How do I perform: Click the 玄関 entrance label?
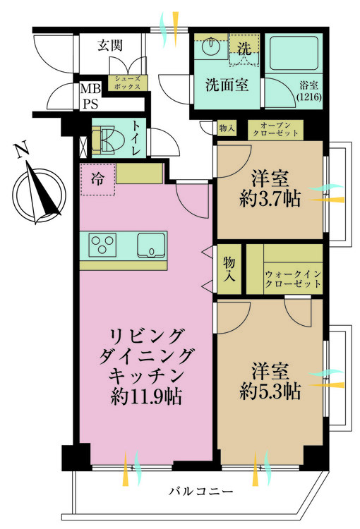(110, 45)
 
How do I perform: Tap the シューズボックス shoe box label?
(127, 83)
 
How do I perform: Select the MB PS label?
(90, 97)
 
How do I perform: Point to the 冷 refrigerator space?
(97, 179)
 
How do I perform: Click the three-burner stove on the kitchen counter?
(102, 245)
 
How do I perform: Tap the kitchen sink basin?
(151, 245)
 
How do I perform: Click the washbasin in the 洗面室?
(211, 44)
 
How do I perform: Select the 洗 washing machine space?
(244, 49)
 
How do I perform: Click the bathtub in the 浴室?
(294, 53)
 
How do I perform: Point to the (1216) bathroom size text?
(309, 97)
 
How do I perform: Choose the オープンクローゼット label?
(275, 130)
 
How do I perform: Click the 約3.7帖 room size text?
(270, 199)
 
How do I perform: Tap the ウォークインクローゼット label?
(293, 279)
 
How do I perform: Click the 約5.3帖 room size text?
(270, 391)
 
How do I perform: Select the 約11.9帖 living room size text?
(146, 396)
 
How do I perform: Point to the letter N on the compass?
(21, 150)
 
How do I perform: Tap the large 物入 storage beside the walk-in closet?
(229, 269)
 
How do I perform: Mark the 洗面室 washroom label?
(227, 85)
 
